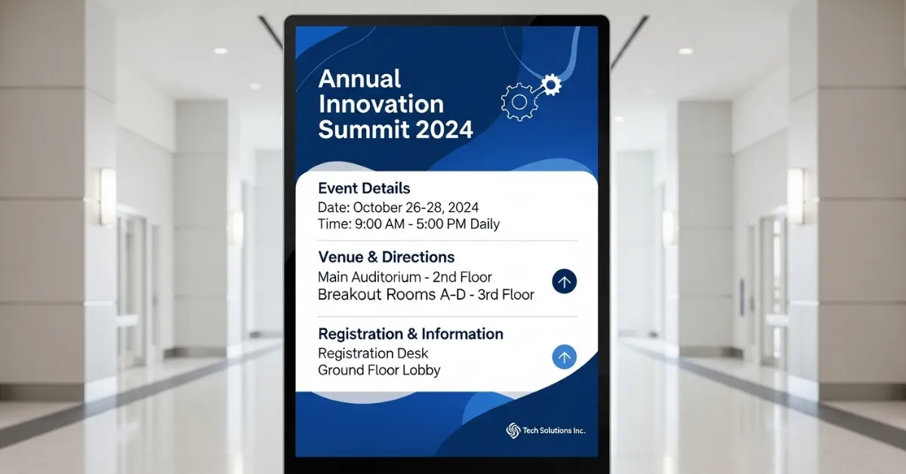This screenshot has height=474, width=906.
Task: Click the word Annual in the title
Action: pyautogui.click(x=359, y=79)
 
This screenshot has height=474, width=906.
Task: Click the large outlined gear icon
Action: pyautogui.click(x=519, y=101)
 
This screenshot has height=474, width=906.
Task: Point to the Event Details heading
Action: pyautogui.click(x=364, y=188)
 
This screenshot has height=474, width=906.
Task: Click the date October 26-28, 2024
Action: pyautogui.click(x=415, y=208)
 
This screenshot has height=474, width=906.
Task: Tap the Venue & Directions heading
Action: pyautogui.click(x=386, y=257)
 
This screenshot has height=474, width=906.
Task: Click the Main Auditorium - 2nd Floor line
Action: pyautogui.click(x=405, y=277)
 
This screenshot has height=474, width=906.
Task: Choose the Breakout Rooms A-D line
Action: pyautogui.click(x=426, y=295)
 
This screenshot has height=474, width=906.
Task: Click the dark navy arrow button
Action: pyautogui.click(x=564, y=282)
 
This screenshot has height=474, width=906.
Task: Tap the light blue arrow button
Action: pyautogui.click(x=564, y=357)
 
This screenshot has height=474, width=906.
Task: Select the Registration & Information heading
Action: pyautogui.click(x=410, y=334)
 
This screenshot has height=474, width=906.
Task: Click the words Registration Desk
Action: pyautogui.click(x=373, y=353)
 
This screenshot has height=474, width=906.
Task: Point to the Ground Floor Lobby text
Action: pyautogui.click(x=379, y=371)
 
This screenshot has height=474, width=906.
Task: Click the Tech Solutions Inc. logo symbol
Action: pyautogui.click(x=513, y=430)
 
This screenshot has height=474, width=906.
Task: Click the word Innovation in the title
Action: pyautogui.click(x=381, y=104)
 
